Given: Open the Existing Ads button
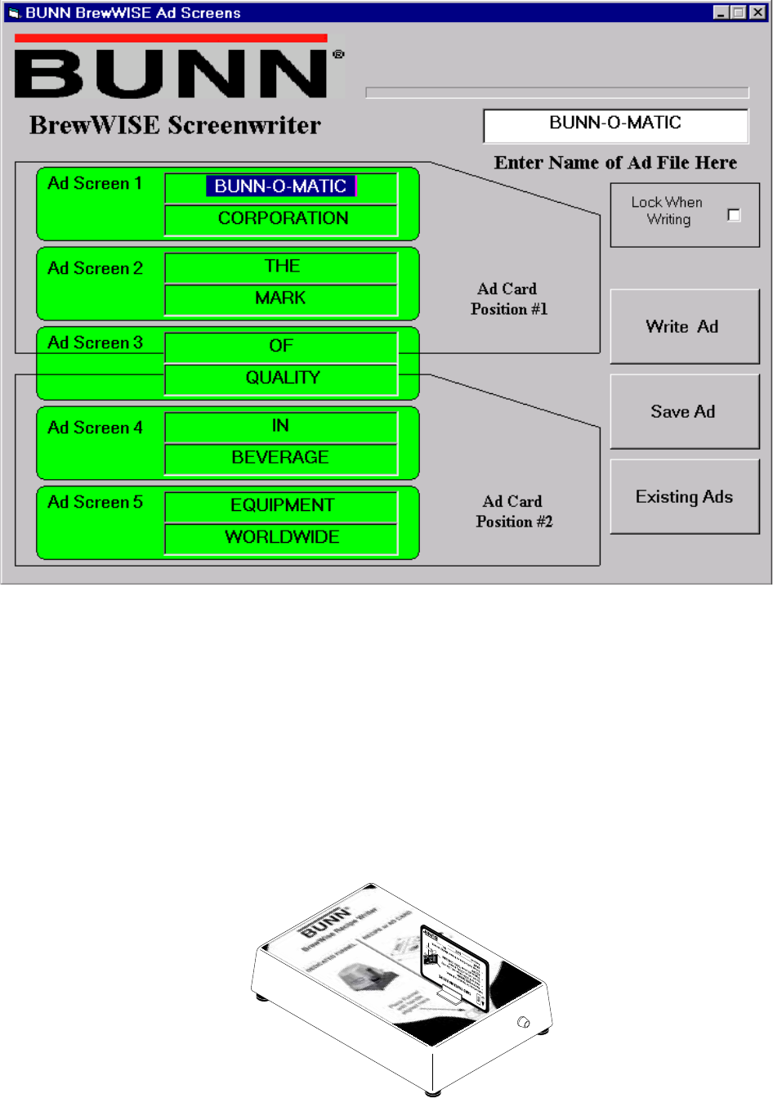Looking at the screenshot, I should [x=684, y=496].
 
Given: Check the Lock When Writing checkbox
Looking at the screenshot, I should [x=734, y=215].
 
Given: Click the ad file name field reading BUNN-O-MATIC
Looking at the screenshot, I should [x=615, y=124].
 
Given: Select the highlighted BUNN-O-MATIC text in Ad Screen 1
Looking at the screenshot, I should [x=280, y=186].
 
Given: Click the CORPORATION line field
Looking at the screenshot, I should [x=281, y=219].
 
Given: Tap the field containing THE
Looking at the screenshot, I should [x=281, y=267].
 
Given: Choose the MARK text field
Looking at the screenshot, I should [x=281, y=298].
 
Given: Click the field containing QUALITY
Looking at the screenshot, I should [x=281, y=378].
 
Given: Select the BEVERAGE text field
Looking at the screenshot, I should [x=281, y=458].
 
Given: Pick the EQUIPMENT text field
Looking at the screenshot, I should [x=281, y=505].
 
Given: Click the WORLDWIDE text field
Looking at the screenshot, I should [x=281, y=537].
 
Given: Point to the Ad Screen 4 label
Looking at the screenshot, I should [x=95, y=428].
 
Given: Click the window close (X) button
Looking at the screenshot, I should [x=757, y=12].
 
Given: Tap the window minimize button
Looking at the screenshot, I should [x=721, y=12].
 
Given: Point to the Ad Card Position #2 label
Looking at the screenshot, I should [x=514, y=512].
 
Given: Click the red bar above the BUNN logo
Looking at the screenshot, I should [x=171, y=38].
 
